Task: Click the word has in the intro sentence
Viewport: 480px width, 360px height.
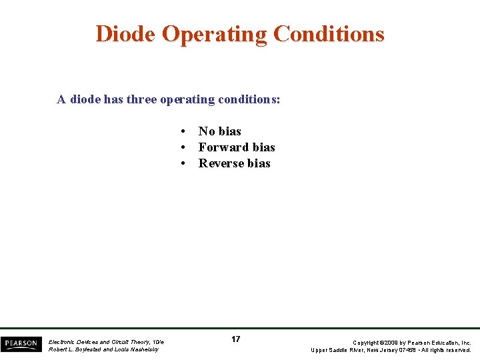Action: pos(113,99)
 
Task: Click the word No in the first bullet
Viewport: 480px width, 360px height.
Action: pos(207,131)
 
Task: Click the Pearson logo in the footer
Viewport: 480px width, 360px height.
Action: pos(21,344)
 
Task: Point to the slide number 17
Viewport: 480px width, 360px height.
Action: pos(235,339)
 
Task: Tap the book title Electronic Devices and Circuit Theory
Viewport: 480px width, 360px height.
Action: pos(101,341)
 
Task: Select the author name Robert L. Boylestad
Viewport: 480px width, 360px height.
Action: pos(73,349)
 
